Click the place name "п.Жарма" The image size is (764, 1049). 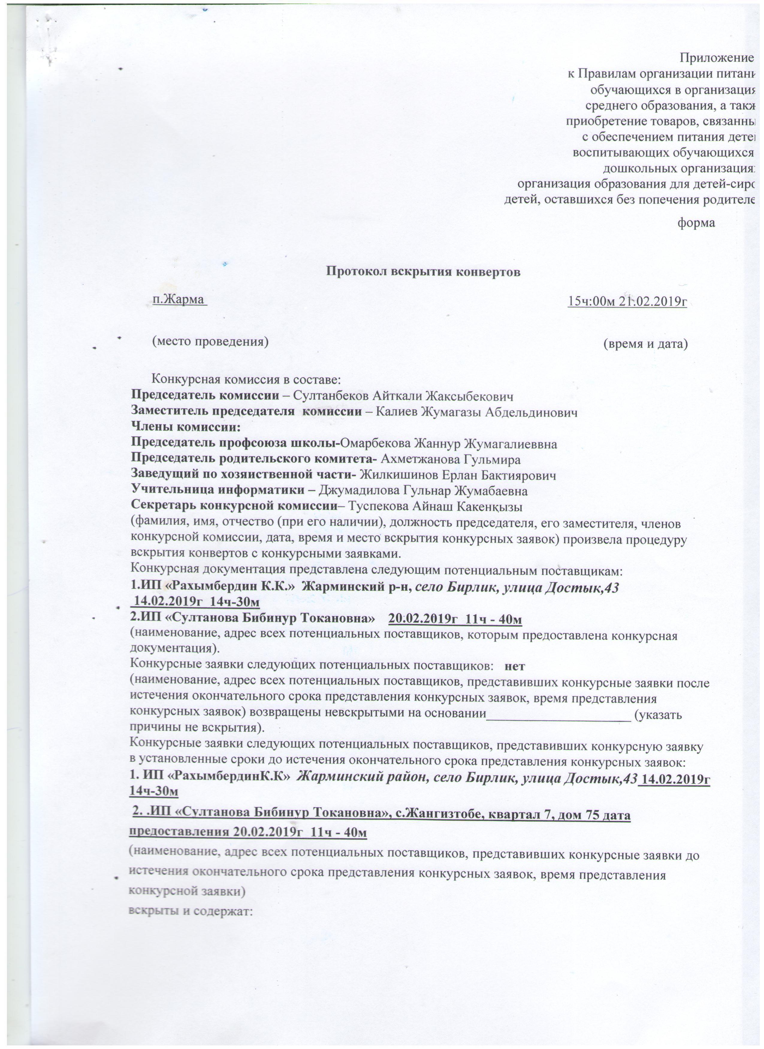(x=179, y=300)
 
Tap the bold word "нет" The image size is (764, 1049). (x=514, y=666)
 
